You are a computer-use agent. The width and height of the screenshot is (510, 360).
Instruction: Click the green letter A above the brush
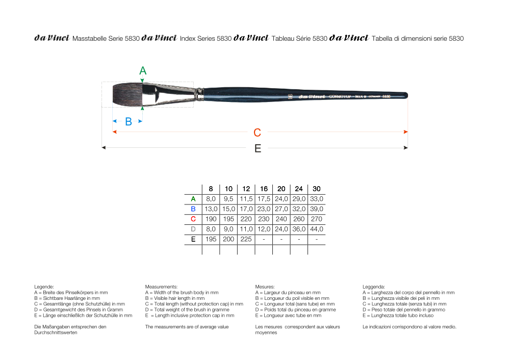pyautogui.click(x=143, y=71)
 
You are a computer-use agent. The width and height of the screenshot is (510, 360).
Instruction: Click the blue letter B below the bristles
pyautogui.click(x=129, y=121)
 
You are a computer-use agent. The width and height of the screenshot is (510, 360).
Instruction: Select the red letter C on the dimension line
pyautogui.click(x=258, y=133)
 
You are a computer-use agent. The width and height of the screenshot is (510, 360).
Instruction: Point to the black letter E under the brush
pyautogui.click(x=258, y=148)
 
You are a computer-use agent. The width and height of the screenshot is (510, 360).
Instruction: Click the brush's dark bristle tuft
pyautogui.click(x=127, y=95)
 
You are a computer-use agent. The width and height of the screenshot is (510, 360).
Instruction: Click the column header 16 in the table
pyautogui.click(x=264, y=189)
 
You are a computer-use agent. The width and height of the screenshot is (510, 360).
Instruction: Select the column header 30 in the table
pyautogui.click(x=317, y=189)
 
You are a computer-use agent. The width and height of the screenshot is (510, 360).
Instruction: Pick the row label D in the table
pyautogui.click(x=193, y=229)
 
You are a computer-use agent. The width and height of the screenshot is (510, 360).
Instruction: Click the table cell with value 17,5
pyautogui.click(x=264, y=199)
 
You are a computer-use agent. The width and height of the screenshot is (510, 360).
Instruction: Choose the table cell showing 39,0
pyautogui.click(x=317, y=209)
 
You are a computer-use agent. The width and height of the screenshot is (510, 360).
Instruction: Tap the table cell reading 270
pyautogui.click(x=317, y=219)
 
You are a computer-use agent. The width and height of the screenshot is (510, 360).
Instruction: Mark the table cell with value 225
pyautogui.click(x=246, y=239)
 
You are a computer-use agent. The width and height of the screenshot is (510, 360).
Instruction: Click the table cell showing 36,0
pyautogui.click(x=299, y=229)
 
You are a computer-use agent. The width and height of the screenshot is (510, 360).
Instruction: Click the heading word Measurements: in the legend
pyautogui.click(x=161, y=287)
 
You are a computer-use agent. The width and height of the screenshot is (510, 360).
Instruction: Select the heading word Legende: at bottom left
pyautogui.click(x=44, y=287)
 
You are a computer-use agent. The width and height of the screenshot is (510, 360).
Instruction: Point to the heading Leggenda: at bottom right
pyautogui.click(x=374, y=287)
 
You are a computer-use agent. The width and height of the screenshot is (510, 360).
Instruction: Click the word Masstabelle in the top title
pyautogui.click(x=90, y=38)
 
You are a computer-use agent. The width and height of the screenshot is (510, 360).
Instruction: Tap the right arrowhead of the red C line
pyautogui.click(x=406, y=132)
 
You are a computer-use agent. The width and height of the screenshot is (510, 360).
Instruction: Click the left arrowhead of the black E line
pyautogui.click(x=104, y=148)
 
